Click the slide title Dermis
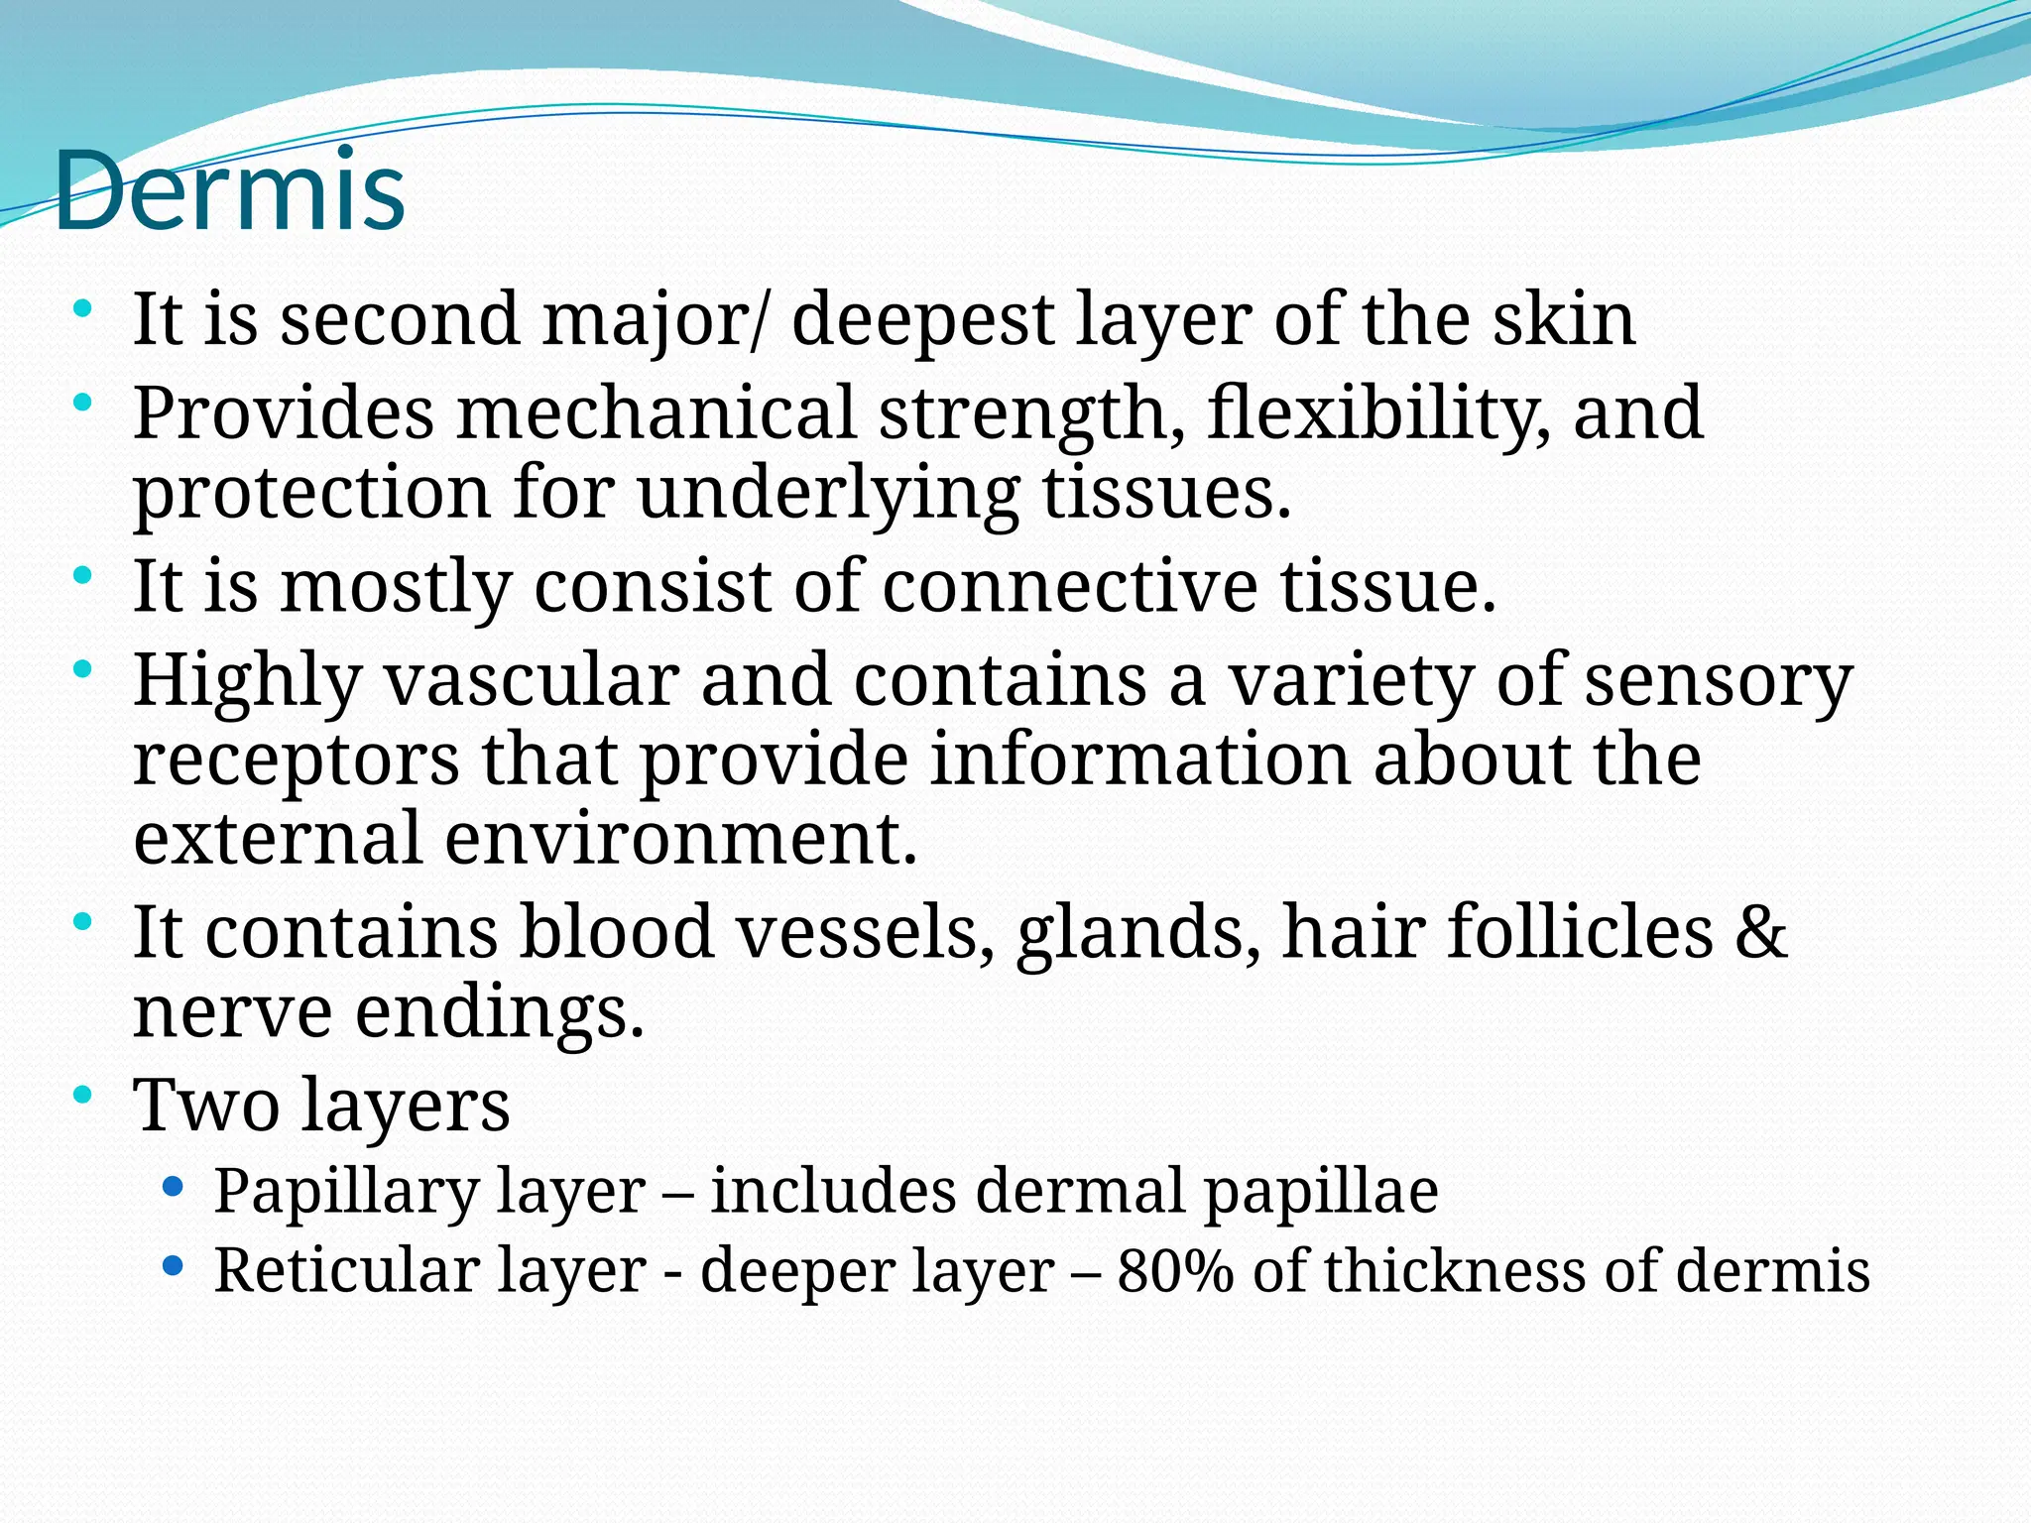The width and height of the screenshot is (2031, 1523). coord(230,190)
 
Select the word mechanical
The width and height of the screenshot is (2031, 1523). coord(656,412)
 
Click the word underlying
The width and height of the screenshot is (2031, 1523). coord(828,492)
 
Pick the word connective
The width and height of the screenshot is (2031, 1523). coord(1069,585)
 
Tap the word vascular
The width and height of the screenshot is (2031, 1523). coord(532,680)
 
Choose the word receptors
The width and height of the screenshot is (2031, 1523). coord(296,760)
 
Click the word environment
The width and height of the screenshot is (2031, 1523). coord(680,839)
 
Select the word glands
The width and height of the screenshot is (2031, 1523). coord(1137,932)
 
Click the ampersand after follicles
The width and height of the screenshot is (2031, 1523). coord(1761,932)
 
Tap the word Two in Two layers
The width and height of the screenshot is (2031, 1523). coord(206,1105)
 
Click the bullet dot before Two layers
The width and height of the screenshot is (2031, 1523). coord(83,1095)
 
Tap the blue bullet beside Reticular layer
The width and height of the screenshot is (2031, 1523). coord(173,1266)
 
